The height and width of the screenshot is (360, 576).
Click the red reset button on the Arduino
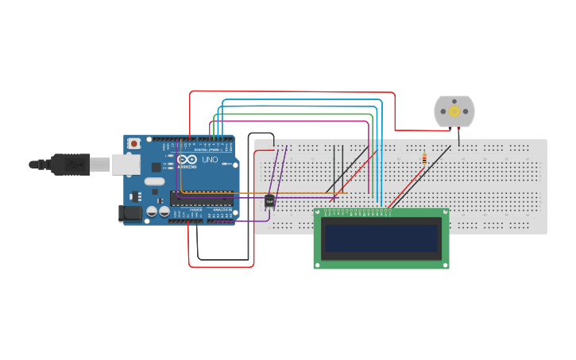point(134,143)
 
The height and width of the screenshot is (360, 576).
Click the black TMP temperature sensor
point(269,201)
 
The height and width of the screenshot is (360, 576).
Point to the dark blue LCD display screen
point(381,238)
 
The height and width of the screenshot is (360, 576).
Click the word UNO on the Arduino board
point(210,160)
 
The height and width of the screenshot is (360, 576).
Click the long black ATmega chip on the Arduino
point(203,198)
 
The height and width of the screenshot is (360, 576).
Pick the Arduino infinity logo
point(187,159)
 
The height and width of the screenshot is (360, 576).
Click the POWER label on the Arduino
point(195,210)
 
